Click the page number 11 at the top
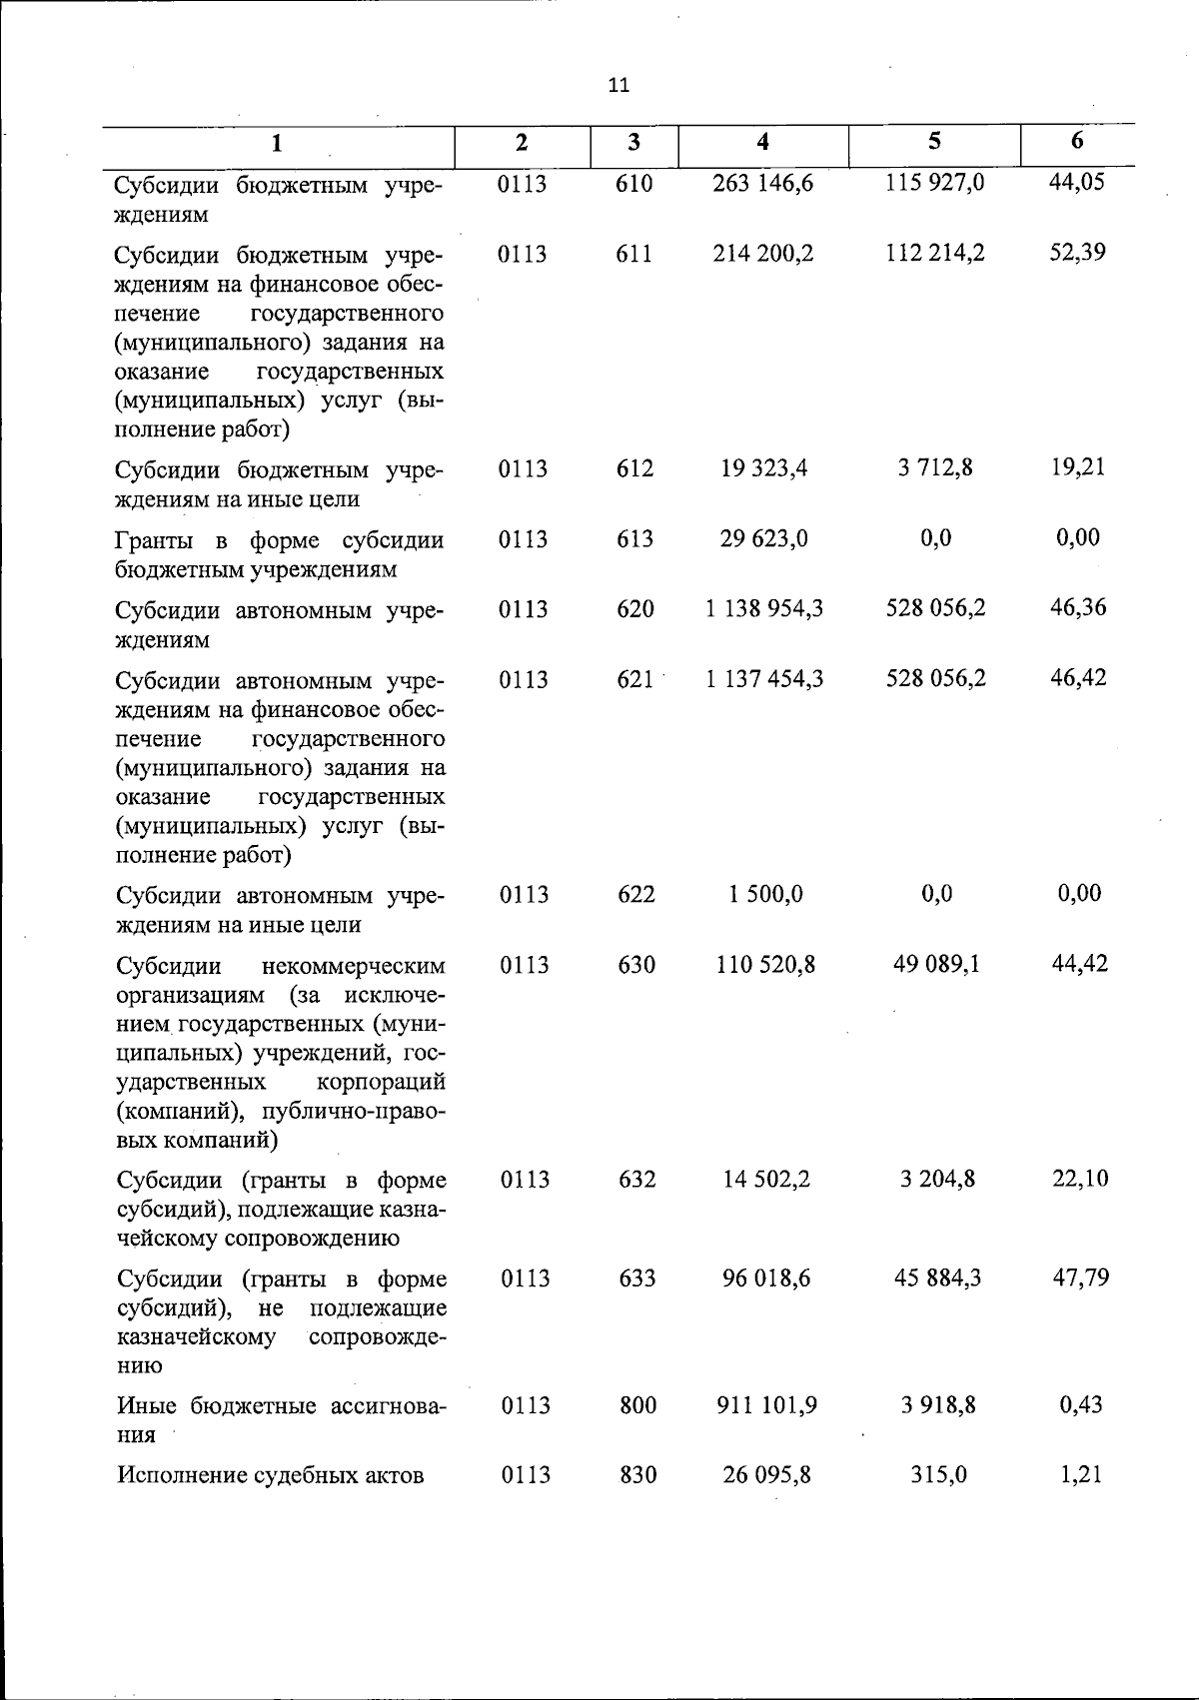click(x=618, y=85)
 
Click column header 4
click(x=763, y=143)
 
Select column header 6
click(x=1077, y=142)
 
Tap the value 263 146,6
click(x=763, y=184)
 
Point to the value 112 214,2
click(x=935, y=254)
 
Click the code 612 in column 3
click(x=634, y=468)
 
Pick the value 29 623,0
click(x=764, y=538)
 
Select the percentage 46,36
click(x=1078, y=607)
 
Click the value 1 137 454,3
click(x=764, y=679)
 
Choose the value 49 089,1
click(x=935, y=964)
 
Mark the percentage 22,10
click(x=1079, y=1179)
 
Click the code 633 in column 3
click(x=636, y=1278)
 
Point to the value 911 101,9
click(x=766, y=1405)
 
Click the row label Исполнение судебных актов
click(x=271, y=1475)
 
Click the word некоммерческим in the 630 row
click(x=353, y=966)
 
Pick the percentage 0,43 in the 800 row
click(x=1080, y=1404)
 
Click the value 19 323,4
click(x=764, y=468)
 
